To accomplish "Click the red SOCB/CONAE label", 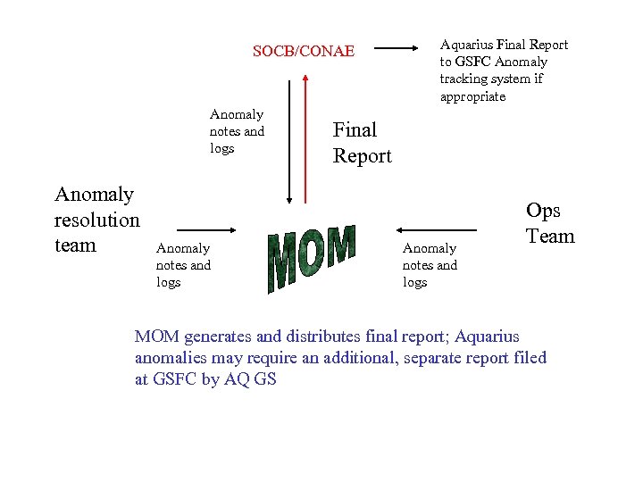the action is pyautogui.click(x=304, y=52).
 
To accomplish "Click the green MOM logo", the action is pyautogui.click(x=312, y=257).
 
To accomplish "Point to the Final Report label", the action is pyautogui.click(x=362, y=143).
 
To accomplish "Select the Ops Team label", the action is pyautogui.click(x=550, y=223).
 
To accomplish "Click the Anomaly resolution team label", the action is pyautogui.click(x=96, y=220).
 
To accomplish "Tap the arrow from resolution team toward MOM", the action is pyautogui.click(x=205, y=229).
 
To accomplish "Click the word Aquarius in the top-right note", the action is pyautogui.click(x=466, y=45).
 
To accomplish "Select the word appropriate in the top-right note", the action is pyautogui.click(x=472, y=96).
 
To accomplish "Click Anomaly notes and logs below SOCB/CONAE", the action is pyautogui.click(x=237, y=131).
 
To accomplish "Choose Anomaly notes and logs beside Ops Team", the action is pyautogui.click(x=430, y=265).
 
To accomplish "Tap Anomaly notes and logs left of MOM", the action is pyautogui.click(x=183, y=265).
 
